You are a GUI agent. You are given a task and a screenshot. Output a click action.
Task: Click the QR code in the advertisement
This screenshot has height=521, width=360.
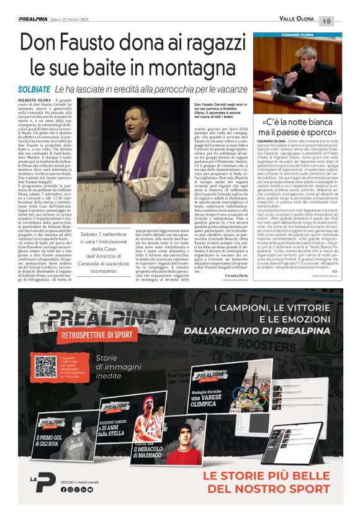pos(47,366)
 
